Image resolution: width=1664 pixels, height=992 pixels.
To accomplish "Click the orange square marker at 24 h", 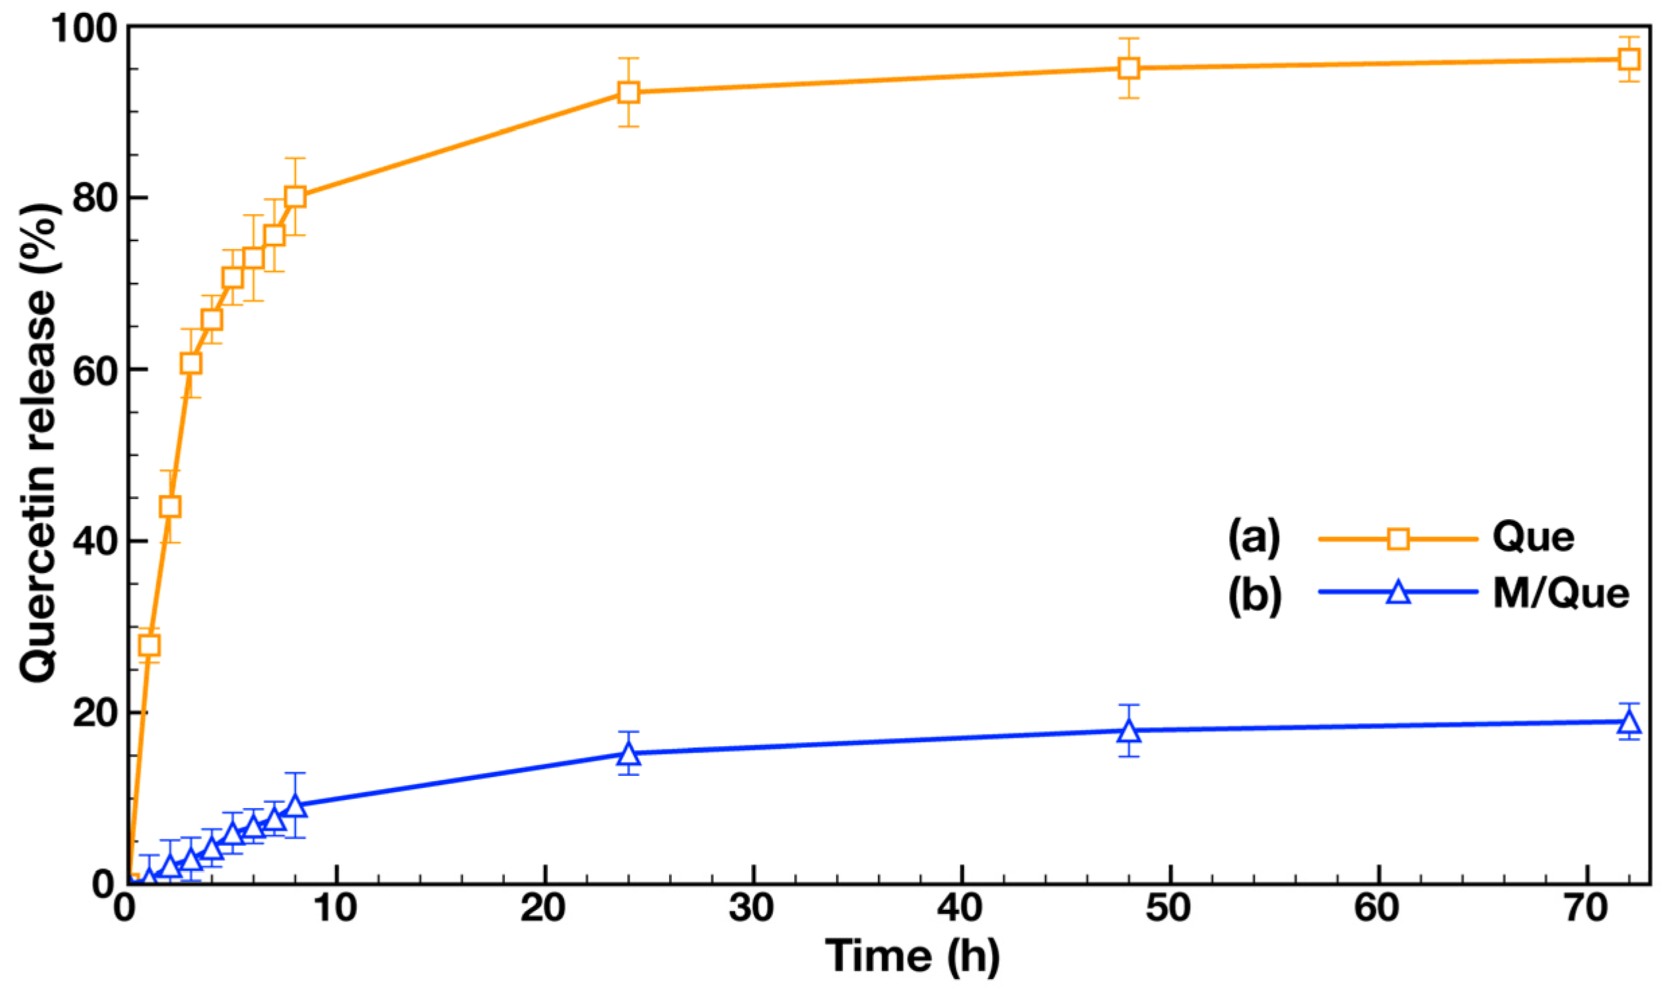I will (x=628, y=92).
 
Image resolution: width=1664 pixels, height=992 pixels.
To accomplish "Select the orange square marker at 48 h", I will (x=1129, y=68).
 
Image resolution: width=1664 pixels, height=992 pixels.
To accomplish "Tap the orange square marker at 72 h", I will (x=1629, y=59).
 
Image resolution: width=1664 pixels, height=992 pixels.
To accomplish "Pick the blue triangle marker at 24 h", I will (x=628, y=753).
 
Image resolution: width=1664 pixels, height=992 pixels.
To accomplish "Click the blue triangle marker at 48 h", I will (x=1129, y=731).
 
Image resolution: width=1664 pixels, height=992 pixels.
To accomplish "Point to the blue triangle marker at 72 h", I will (x=1629, y=723).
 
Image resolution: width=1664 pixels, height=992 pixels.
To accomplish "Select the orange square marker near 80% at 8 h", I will (x=295, y=197).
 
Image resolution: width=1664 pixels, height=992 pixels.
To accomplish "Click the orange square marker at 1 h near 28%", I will (x=149, y=645).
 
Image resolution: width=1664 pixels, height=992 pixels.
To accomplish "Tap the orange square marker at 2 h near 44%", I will (x=170, y=506).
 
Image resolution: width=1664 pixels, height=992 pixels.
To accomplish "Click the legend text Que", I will (x=1533, y=538).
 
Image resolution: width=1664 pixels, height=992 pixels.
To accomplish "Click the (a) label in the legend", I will (x=1253, y=538).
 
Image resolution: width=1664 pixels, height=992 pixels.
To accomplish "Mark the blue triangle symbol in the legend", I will (x=1398, y=593).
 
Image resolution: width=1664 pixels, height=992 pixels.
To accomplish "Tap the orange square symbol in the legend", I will (x=1398, y=539).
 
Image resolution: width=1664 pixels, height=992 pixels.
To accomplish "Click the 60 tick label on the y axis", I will (x=92, y=371).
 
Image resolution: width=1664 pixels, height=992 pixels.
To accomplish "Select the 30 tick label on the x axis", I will (x=751, y=908).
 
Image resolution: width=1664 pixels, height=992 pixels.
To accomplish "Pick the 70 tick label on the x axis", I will (x=1586, y=908).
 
